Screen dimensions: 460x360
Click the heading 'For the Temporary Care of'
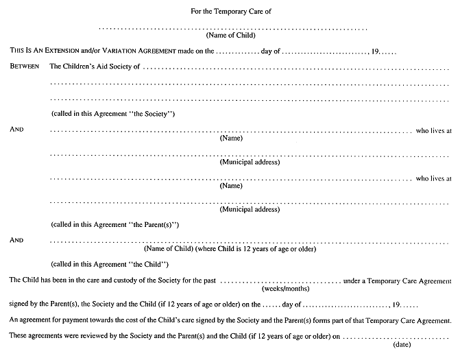point(231,12)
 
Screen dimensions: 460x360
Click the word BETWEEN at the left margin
point(25,66)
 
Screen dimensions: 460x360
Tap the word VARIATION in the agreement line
point(119,51)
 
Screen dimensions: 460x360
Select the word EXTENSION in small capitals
point(62,51)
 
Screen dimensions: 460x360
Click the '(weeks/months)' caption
point(285,289)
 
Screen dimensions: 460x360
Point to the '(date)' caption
point(402,344)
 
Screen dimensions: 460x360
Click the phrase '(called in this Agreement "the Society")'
point(113,114)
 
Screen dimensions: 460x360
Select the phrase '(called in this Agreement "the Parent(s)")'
point(115,225)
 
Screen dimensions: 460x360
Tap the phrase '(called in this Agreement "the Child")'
point(110,265)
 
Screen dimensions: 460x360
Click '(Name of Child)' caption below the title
point(230,35)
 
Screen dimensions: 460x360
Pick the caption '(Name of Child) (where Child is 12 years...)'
point(230,249)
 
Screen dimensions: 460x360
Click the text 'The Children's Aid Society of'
point(95,67)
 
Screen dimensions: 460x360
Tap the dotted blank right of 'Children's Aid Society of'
point(296,69)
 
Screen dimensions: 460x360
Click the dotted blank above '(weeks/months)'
point(280,283)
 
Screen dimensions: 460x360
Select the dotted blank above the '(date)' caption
point(396,338)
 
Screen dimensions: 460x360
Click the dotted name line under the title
point(233,29)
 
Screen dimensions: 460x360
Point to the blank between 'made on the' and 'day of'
point(238,53)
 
